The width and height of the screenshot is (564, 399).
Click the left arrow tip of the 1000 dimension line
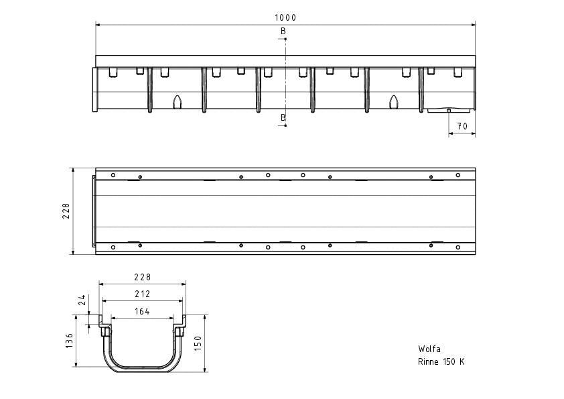(96, 25)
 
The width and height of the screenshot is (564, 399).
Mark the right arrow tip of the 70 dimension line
(475, 133)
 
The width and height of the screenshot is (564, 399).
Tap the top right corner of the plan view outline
(476, 168)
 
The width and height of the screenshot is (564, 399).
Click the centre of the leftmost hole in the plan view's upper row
(113, 175)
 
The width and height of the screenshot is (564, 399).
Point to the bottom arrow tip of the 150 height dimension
(205, 372)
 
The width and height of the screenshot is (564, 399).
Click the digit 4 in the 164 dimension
(147, 312)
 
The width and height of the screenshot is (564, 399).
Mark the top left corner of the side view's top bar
(96, 56)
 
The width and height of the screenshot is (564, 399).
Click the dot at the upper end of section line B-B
(285, 38)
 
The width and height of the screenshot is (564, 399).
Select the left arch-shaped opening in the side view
(178, 102)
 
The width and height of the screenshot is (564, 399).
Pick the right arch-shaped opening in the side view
(394, 102)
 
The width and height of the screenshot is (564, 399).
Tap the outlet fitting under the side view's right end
(449, 110)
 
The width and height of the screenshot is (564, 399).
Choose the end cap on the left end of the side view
(95, 89)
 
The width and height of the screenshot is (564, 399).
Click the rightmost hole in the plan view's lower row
(458, 247)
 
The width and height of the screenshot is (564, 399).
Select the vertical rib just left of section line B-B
(259, 90)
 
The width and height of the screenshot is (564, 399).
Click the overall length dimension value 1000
(285, 17)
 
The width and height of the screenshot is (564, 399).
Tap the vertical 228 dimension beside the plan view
(66, 211)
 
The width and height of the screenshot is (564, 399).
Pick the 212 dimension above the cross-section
(143, 294)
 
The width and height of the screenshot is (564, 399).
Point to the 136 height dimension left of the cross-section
(70, 341)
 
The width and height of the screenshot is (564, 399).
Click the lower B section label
(283, 118)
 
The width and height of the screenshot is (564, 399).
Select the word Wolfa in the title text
(429, 349)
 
